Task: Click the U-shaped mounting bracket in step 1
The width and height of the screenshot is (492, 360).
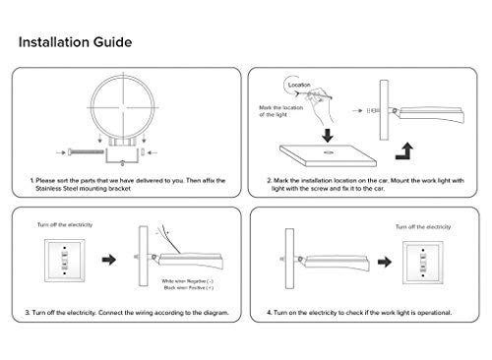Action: (x=124, y=150)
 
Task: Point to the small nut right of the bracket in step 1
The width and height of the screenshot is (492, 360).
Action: (x=146, y=151)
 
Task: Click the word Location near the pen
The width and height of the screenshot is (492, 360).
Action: (x=301, y=85)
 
